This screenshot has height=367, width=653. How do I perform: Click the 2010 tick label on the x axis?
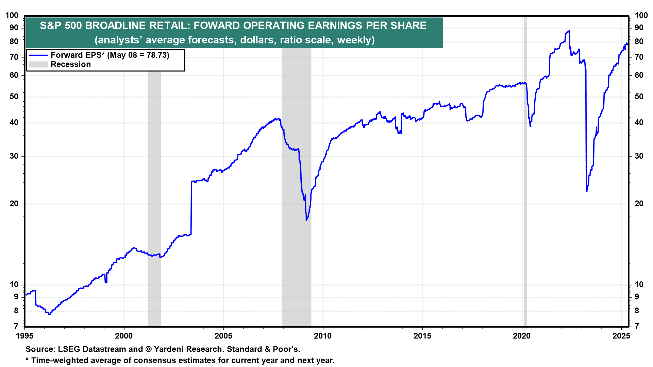323,336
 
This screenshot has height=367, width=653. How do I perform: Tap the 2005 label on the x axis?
223,336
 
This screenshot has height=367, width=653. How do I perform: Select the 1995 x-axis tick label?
24,336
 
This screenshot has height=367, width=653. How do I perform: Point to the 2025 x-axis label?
621,336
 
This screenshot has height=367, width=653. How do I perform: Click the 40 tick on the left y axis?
14,123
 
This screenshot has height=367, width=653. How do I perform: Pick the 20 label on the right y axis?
639,204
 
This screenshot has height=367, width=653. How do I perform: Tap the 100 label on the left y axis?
12,15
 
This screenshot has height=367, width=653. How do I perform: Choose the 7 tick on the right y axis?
637,326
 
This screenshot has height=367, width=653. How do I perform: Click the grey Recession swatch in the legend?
38,64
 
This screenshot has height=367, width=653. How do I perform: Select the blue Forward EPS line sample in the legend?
38,55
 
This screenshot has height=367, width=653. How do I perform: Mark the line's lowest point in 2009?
306,220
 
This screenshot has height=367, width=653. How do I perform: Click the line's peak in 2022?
569,31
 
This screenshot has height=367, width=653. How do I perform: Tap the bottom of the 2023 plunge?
587,191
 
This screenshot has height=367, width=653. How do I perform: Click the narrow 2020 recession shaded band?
525,170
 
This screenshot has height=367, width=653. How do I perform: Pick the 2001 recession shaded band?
154,170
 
